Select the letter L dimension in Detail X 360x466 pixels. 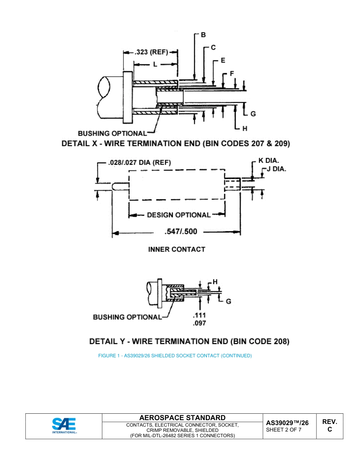(x=155, y=64)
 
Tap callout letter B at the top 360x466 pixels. (x=203, y=35)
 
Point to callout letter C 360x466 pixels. (x=213, y=48)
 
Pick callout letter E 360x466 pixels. (x=223, y=61)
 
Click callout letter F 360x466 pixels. (x=232, y=73)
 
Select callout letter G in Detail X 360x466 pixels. (x=253, y=114)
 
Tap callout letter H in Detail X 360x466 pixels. (x=244, y=129)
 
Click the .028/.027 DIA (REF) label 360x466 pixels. (x=139, y=163)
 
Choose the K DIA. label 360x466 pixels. (x=269, y=161)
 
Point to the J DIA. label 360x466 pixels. (x=276, y=169)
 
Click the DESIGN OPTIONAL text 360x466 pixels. (x=178, y=215)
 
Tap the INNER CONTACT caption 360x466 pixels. (x=177, y=249)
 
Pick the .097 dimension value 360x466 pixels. (x=199, y=323)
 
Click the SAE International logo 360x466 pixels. (x=64, y=426)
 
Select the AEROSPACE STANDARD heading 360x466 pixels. (x=182, y=418)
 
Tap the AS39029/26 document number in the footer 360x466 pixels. (x=287, y=423)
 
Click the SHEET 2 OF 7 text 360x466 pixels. (x=284, y=430)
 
